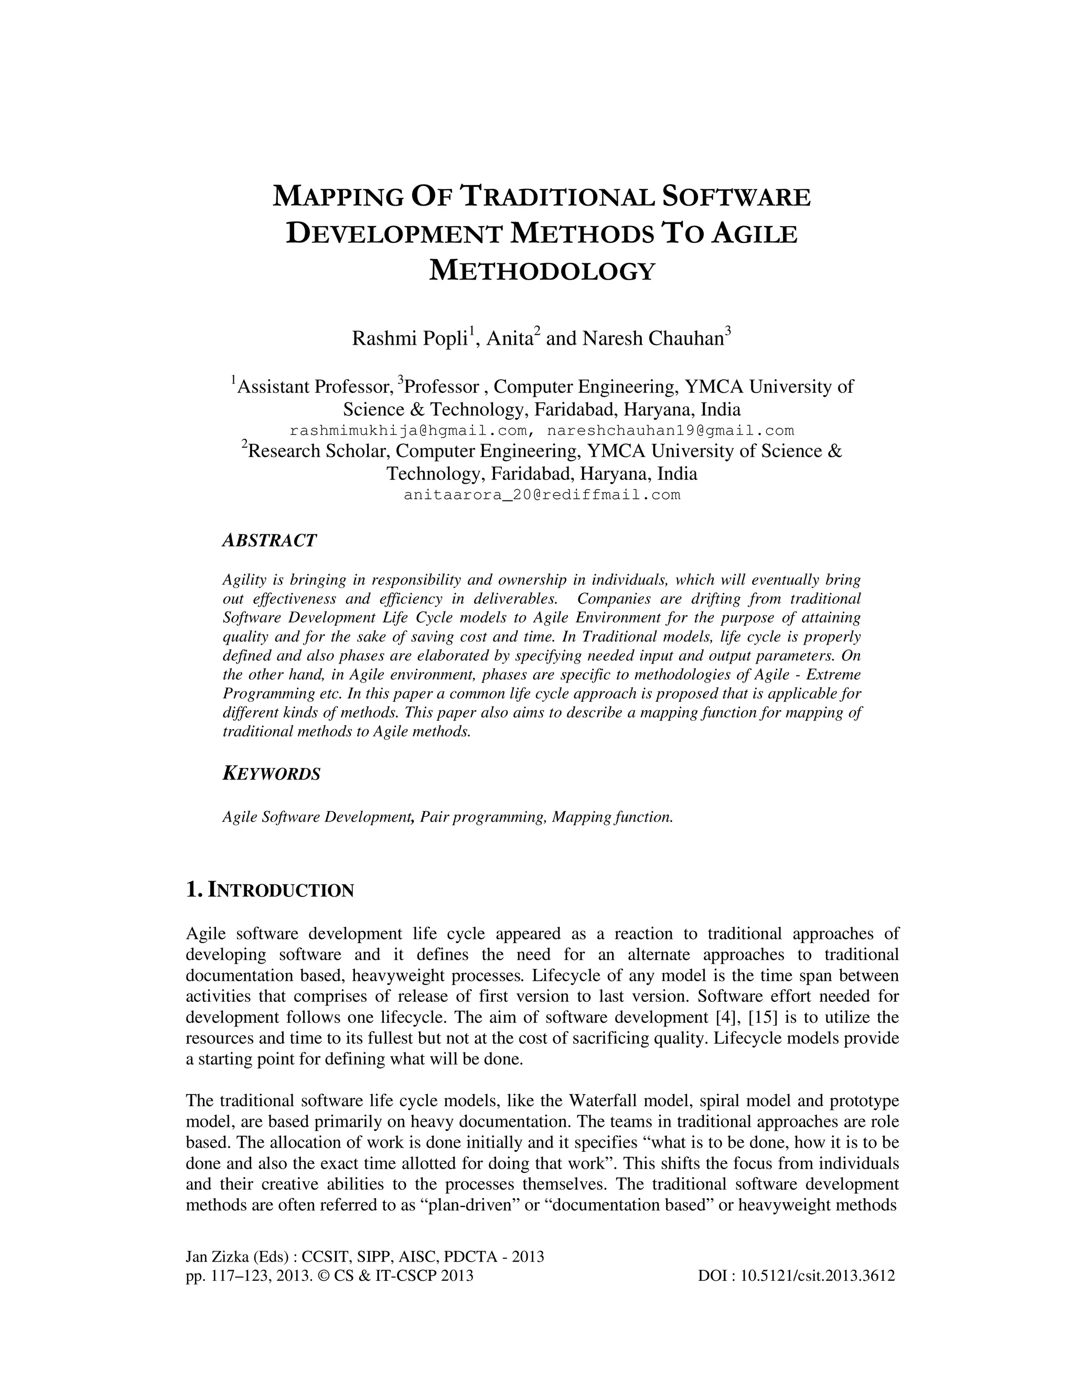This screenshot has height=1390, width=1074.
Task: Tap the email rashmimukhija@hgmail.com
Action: [x=408, y=431]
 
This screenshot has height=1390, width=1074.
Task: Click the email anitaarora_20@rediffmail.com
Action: [x=542, y=495]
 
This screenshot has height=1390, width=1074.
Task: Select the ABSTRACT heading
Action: [x=269, y=541]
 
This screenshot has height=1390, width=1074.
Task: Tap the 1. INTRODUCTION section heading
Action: [x=270, y=891]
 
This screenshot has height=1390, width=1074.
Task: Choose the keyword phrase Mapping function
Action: [x=612, y=817]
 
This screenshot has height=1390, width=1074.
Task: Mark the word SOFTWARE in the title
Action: [x=736, y=197]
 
